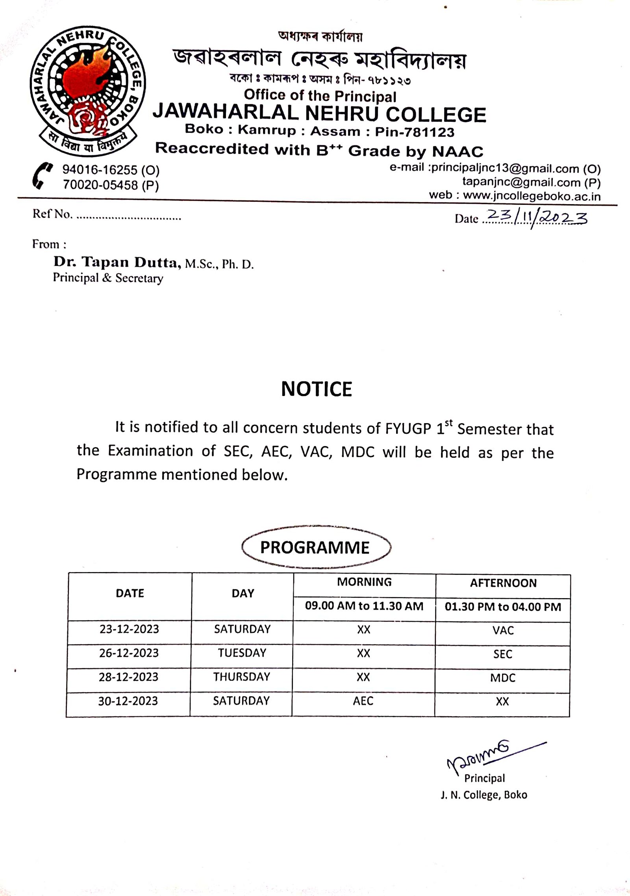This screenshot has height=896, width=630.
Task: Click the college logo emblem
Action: tap(88, 91)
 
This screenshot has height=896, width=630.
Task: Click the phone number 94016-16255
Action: tap(100, 170)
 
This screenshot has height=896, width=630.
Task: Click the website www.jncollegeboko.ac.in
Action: tap(532, 195)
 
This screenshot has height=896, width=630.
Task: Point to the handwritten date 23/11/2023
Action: tap(537, 217)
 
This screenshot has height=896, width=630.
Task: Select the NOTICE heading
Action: tap(317, 389)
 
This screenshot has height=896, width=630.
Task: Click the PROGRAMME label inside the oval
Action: tap(315, 548)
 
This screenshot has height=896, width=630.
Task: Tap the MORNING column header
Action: tap(364, 582)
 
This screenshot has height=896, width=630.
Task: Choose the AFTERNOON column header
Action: tap(503, 583)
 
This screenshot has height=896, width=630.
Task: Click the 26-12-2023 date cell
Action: tap(129, 653)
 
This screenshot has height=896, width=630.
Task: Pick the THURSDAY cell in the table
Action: tap(242, 677)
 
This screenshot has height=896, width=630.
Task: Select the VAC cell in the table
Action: tap(503, 630)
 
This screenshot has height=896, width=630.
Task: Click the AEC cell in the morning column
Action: tap(363, 701)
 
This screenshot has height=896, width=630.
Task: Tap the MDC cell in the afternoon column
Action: tap(502, 678)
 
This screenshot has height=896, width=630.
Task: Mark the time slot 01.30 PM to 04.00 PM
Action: tap(503, 607)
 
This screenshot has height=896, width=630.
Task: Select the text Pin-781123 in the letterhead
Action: tap(415, 132)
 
